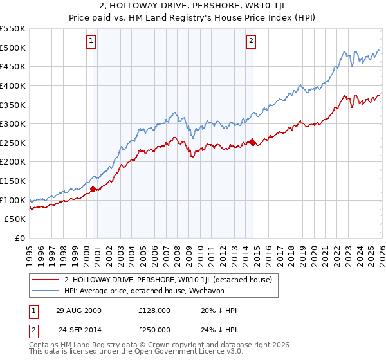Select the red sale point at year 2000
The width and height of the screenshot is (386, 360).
click(x=93, y=189)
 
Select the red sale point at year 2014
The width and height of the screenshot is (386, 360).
click(x=253, y=143)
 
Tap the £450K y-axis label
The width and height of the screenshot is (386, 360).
click(x=14, y=66)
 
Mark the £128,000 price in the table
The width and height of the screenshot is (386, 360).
click(x=159, y=310)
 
